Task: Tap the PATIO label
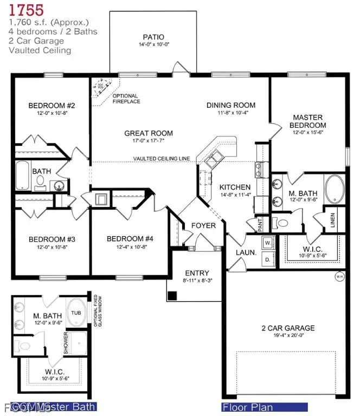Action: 146,37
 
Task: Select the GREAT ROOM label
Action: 149,133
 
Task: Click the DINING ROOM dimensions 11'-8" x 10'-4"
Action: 230,113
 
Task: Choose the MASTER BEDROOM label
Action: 308,121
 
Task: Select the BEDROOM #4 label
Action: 130,239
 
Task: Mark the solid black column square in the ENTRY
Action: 172,296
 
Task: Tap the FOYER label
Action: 203,225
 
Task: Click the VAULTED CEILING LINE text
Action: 162,159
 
